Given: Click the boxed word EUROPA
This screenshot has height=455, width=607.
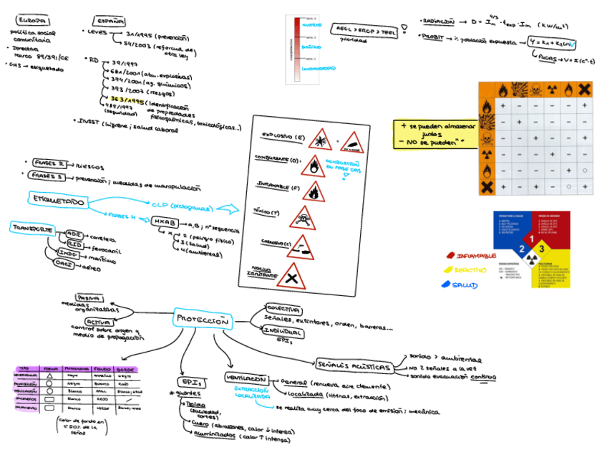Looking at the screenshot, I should tap(32, 21).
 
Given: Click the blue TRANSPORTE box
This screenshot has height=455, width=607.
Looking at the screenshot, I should tap(31, 229).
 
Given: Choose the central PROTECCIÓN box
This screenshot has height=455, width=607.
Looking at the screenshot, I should tap(203, 320).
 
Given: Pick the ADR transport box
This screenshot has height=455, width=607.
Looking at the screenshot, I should tap(73, 234).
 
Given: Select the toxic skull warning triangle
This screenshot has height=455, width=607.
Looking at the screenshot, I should tap(303, 216).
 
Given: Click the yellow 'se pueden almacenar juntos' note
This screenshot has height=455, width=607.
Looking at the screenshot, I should tap(430, 133).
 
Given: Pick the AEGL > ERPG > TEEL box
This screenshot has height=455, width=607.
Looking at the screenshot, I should tap(364, 29).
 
